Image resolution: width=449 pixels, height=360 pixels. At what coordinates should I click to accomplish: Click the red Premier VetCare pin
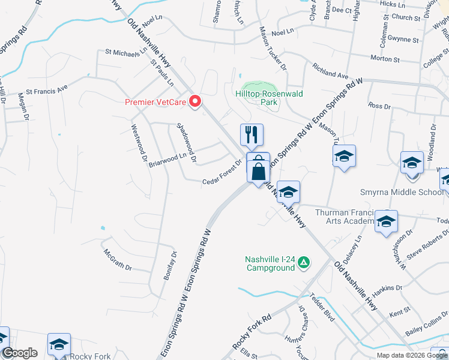(x=195, y=101)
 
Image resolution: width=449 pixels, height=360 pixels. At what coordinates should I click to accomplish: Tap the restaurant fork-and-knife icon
(x=252, y=134)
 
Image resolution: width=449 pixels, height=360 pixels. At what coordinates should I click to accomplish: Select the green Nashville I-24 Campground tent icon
(x=304, y=262)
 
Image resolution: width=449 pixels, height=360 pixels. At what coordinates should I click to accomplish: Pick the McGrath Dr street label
(x=117, y=259)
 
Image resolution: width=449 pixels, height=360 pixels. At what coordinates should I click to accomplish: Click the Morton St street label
(x=385, y=59)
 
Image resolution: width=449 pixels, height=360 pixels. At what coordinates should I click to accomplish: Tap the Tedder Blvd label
(x=321, y=308)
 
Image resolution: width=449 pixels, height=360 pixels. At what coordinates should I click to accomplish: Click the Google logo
(x=20, y=353)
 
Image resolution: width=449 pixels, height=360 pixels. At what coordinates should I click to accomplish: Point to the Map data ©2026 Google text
(x=412, y=355)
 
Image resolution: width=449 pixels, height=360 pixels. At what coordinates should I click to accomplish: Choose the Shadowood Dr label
(x=187, y=142)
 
